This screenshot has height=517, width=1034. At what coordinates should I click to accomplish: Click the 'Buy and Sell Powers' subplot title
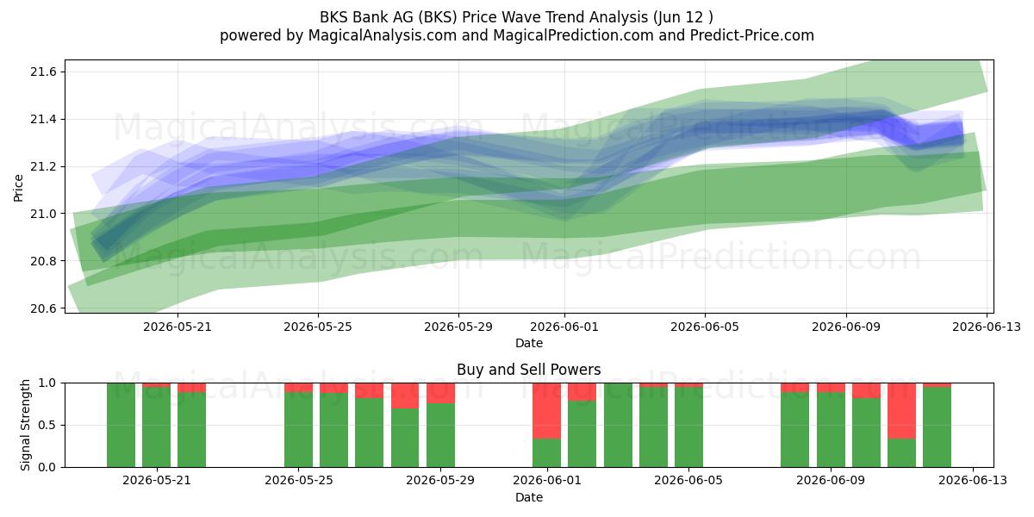pos(528,370)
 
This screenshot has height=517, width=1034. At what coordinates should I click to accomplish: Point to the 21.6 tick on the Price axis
pos(43,72)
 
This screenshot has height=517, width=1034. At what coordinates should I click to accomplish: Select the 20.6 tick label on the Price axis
pos(43,308)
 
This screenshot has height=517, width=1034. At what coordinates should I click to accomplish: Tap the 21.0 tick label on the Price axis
pos(43,214)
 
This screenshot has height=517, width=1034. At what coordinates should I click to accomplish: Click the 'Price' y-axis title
pos(18,189)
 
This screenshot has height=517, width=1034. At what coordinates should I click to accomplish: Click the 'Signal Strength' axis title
pos(25,425)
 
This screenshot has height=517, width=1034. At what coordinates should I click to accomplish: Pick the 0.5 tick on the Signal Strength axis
pos(47,425)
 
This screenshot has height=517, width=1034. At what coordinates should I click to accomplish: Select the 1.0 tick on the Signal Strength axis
pos(47,383)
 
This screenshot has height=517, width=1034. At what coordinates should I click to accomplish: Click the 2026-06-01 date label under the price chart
pos(564,327)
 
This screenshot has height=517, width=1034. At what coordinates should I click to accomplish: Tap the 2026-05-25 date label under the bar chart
pos(299,481)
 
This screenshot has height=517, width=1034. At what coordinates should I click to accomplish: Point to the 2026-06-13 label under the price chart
pos(987,327)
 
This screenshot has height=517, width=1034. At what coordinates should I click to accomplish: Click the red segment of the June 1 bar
pos(546,411)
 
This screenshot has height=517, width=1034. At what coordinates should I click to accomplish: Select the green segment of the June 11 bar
pos(901,453)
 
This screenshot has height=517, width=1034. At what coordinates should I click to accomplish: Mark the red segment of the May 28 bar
pos(405,396)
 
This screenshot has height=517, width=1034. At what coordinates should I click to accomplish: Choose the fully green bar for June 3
pos(618,425)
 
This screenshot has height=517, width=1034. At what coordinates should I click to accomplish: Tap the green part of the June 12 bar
pos(937,427)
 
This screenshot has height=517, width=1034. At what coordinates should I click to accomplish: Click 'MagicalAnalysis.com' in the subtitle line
pos(383,35)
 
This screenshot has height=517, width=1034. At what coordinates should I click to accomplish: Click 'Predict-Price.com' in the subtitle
pos(752,35)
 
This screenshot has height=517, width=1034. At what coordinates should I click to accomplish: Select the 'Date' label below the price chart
pos(529,343)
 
